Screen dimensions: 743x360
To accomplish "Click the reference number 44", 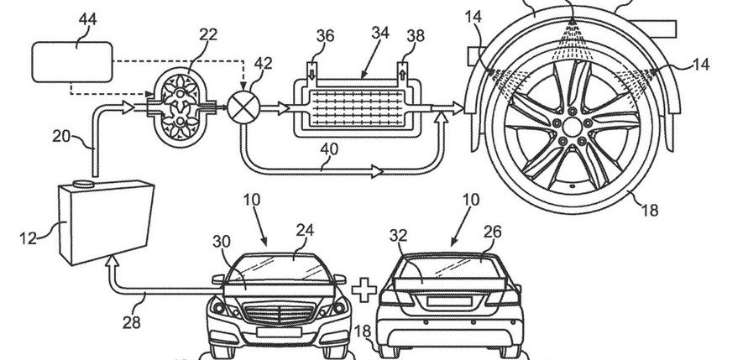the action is (x=87, y=20).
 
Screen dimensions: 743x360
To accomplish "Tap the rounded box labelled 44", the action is (x=72, y=61).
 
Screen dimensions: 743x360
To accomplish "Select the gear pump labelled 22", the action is (x=180, y=106).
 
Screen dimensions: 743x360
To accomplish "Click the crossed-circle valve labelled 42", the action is (x=243, y=107).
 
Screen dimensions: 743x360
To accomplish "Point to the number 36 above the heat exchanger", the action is (x=325, y=36).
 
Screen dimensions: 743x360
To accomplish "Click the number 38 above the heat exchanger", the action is (x=415, y=36).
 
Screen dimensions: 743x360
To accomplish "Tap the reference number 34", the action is (x=380, y=34).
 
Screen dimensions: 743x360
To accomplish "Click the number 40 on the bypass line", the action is (x=329, y=149).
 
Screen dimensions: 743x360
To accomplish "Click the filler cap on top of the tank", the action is (x=85, y=184).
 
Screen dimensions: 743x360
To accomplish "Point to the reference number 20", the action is (x=61, y=137).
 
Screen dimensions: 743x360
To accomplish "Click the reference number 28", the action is (x=131, y=322).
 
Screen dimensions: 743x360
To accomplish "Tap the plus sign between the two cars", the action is (x=364, y=290).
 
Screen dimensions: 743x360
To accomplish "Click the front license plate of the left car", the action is (x=280, y=332).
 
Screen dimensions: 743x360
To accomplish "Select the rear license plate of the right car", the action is (x=449, y=301).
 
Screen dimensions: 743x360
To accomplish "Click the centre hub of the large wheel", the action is (x=573, y=127).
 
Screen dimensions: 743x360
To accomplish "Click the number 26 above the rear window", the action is (x=492, y=232).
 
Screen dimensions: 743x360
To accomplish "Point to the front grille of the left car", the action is (x=280, y=316).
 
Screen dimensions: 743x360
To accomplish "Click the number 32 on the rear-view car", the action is (x=400, y=236).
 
